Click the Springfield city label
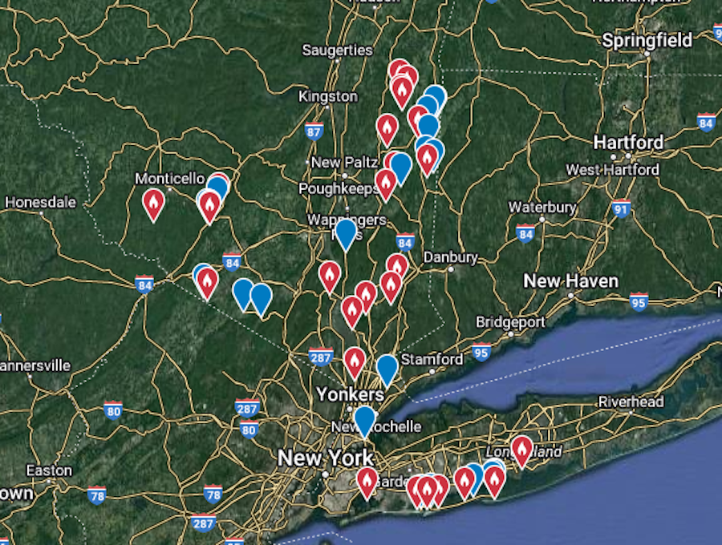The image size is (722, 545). coord(647,40)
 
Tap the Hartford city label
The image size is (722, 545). coord(628,143)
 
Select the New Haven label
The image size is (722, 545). coord(570,281)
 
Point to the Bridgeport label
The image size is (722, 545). coord(510,322)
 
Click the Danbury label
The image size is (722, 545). coord(450,258)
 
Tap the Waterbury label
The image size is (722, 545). coord(542,208)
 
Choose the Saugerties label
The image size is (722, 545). coord(337,50)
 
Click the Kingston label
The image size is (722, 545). coord(327,96)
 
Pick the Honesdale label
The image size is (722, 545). coord(40,202)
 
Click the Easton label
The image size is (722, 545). coord(48,470)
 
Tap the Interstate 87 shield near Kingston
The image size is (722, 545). coord(314,131)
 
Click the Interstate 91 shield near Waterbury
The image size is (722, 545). coord(620,209)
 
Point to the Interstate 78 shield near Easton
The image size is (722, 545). coord(97,495)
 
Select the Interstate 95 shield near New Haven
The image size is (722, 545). coord(639,302)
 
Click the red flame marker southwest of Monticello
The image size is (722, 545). coord(153,204)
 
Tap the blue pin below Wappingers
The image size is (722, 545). coord(346,234)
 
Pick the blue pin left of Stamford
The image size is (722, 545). coord(387,369)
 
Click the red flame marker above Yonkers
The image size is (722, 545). coord(355,361)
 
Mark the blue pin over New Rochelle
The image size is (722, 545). coord(364,420)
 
